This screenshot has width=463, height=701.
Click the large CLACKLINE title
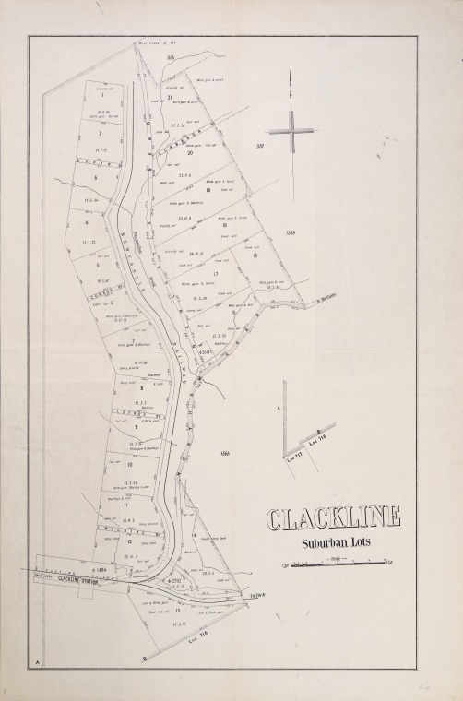tap(333, 518)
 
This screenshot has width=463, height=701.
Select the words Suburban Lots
tap(333, 542)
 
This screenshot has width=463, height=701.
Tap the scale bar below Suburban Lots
tap(333, 561)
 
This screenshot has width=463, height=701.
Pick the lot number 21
tap(171, 97)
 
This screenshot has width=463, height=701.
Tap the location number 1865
tap(225, 453)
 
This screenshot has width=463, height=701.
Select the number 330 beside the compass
tap(260, 145)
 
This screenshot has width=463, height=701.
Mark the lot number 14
tap(195, 535)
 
